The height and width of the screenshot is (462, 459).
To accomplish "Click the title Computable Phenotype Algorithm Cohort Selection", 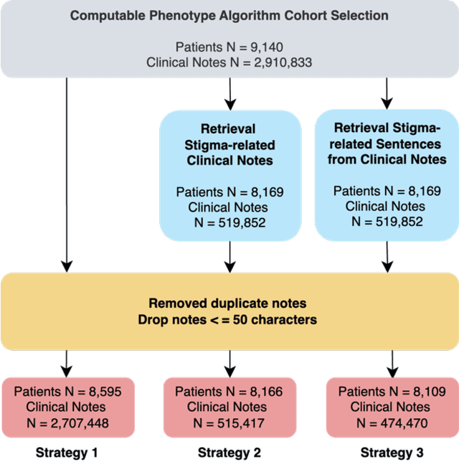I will pyautogui.click(x=229, y=15).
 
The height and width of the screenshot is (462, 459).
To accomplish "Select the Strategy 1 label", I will pyautogui.click(x=66, y=452).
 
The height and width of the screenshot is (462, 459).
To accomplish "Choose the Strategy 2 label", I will pyautogui.click(x=229, y=452).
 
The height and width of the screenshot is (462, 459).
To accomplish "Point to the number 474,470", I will pyautogui.click(x=400, y=423).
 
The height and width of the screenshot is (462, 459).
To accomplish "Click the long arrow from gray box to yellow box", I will pyautogui.click(x=67, y=172).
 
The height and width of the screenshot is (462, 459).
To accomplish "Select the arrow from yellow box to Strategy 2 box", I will pyautogui.click(x=229, y=362).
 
